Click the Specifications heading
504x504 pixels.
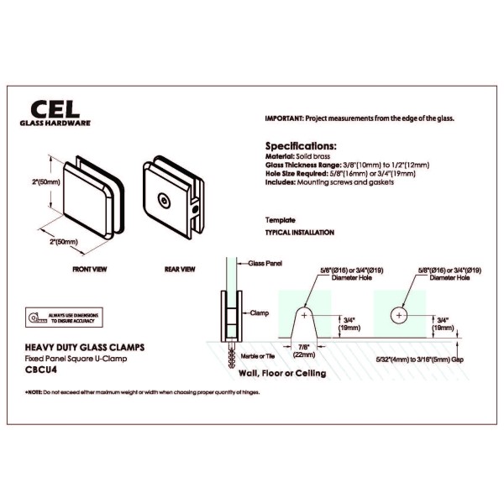302,144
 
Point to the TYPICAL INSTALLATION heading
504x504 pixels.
299,232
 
